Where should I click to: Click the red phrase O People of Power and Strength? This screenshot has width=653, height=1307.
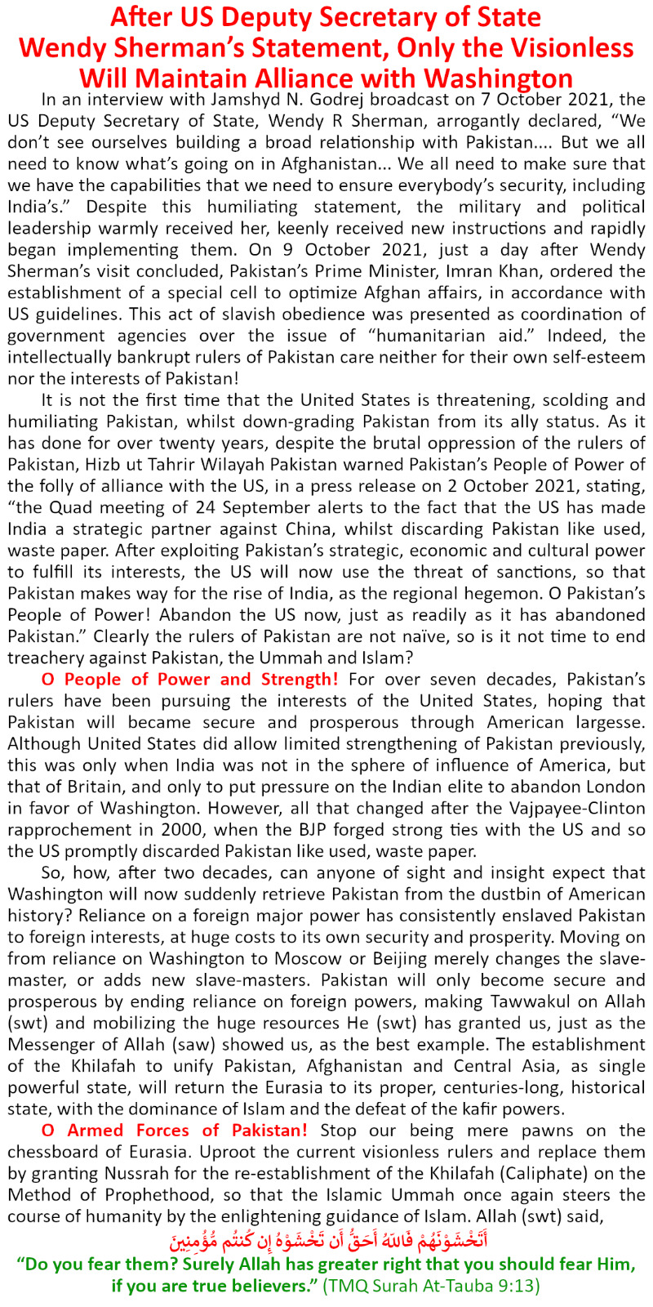click(x=189, y=679)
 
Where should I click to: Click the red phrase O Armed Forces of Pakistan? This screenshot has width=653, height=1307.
click(x=175, y=1131)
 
